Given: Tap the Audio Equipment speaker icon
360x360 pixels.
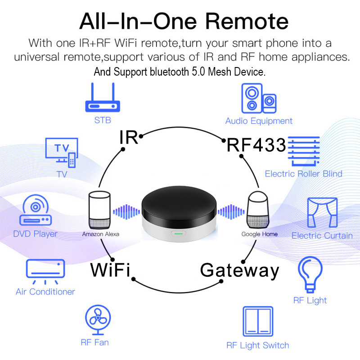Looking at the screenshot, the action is coord(259,98).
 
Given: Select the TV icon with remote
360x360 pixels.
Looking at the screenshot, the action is coord(62,153).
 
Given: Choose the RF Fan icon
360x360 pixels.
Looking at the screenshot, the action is coord(98,319).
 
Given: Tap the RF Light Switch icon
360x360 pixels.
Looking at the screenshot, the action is coord(258,321).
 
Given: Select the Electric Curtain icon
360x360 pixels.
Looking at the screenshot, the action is coord(322,212).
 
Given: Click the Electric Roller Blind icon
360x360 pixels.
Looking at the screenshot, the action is coord(304,151).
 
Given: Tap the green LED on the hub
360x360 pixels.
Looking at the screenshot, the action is coord(179,234).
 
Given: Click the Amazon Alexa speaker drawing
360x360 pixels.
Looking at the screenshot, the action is coord(99,210).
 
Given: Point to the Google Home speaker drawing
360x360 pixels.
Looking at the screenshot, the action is coord(257,210).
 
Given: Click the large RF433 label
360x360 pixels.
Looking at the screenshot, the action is coord(256,145).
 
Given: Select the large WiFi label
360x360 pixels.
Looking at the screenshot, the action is coord(110,270).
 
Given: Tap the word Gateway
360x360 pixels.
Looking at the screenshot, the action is coord(239,271).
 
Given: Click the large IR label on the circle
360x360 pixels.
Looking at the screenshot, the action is coord(129,137).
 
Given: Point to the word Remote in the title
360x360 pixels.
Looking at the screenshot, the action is coord(247,21).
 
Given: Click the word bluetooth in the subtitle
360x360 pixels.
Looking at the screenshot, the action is coord(169,72).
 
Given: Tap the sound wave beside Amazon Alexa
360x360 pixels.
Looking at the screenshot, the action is coord(126,211).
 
